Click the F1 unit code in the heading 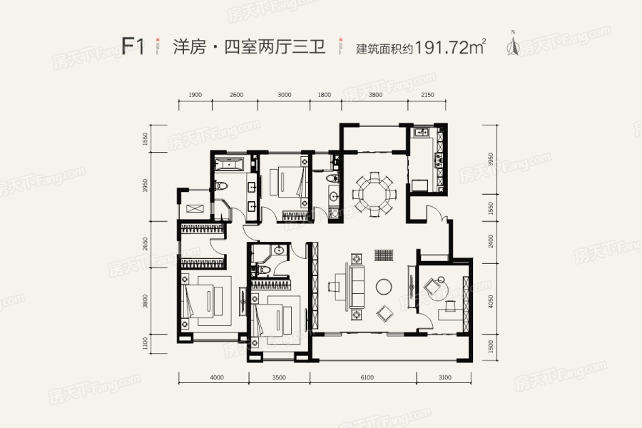(133, 47)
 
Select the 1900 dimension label (197, 95)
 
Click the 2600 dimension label (237, 95)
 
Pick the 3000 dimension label (284, 95)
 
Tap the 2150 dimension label (427, 95)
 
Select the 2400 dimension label (491, 241)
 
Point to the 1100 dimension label (145, 343)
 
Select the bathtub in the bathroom (229, 165)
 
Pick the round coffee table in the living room (384, 286)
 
